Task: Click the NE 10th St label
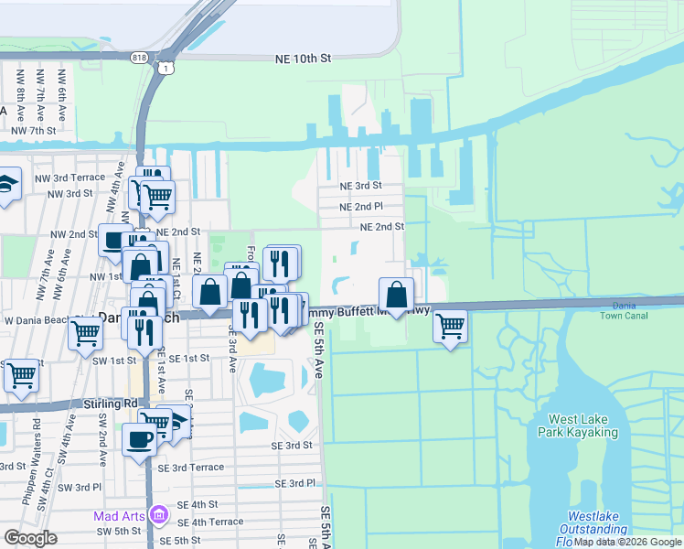point(302,59)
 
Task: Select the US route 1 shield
point(165,69)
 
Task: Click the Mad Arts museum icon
point(160,516)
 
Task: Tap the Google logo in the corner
point(30,537)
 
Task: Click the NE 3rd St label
point(361,186)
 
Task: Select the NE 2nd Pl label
point(361,207)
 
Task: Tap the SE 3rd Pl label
point(295,482)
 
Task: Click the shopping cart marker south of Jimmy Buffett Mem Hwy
point(450,326)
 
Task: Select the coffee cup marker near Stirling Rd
point(140,438)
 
